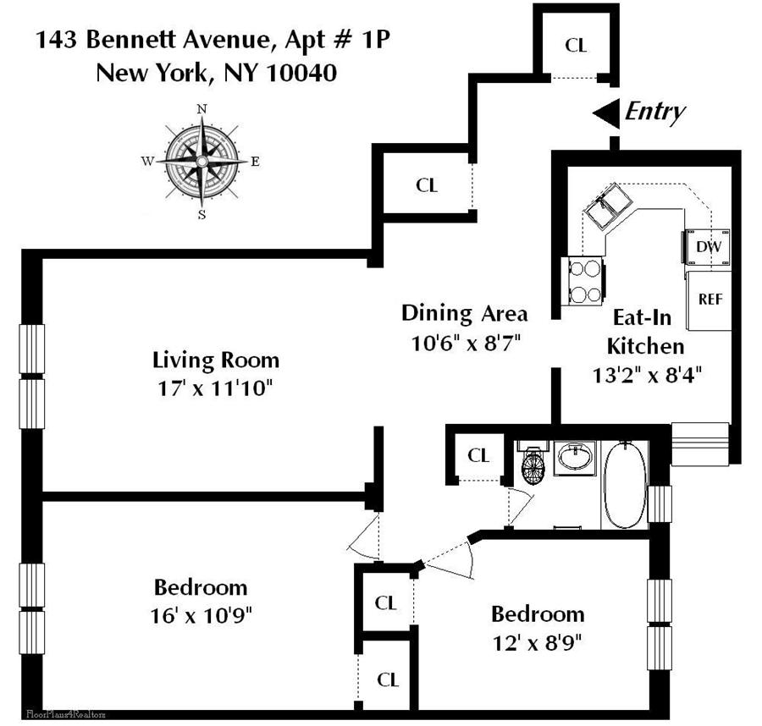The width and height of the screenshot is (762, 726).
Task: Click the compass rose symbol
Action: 202,160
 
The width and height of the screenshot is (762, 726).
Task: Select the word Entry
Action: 654,112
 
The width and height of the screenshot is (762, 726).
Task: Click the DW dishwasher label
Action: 707,247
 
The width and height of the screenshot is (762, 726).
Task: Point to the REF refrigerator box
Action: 709,300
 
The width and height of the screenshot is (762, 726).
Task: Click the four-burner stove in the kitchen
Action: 584,280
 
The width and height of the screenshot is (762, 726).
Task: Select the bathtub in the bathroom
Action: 624,487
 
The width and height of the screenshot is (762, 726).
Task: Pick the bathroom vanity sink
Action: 576,459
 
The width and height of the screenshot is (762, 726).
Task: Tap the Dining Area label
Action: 464,313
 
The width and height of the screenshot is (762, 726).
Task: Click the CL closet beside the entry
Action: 576,46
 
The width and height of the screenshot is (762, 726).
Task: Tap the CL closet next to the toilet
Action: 478,455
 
